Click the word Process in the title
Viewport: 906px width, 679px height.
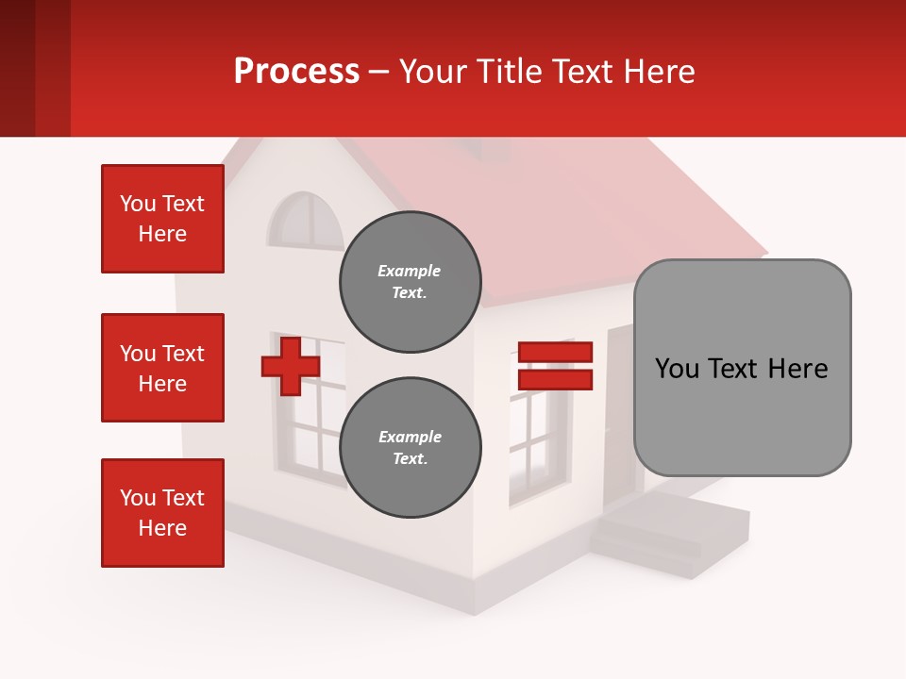[x=296, y=72]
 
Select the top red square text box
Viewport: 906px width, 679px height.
[x=162, y=219]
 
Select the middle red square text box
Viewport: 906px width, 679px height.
[x=162, y=368]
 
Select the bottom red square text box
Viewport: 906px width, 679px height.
[x=162, y=513]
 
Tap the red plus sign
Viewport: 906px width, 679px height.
[x=290, y=367]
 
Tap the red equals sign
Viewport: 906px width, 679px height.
[x=555, y=366]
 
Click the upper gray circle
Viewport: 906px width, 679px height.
[x=410, y=282]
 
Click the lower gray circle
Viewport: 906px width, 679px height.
[x=410, y=448]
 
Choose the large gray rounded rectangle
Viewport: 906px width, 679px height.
[x=742, y=368]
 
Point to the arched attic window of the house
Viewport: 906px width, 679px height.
[x=304, y=223]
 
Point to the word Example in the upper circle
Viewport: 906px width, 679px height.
[x=409, y=272]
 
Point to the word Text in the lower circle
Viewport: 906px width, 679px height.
[x=409, y=459]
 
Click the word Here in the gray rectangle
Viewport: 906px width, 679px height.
[x=798, y=369]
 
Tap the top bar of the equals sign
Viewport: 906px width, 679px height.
[x=555, y=353]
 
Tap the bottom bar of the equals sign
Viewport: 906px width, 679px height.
[x=555, y=379]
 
